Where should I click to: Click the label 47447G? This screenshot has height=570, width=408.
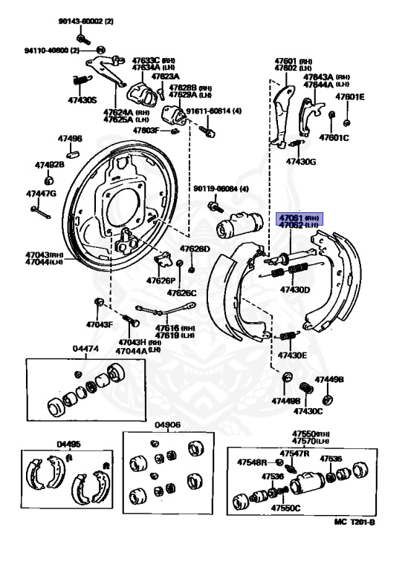41,194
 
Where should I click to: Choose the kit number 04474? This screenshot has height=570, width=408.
85,348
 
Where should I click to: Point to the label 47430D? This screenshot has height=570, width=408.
294,289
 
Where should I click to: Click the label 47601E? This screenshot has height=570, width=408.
349,96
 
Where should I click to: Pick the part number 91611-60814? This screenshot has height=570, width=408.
210,111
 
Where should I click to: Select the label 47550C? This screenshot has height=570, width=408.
285,508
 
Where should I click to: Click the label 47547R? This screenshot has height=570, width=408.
294,453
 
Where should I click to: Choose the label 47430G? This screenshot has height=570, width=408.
301,161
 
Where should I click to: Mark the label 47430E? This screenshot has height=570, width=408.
292,356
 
